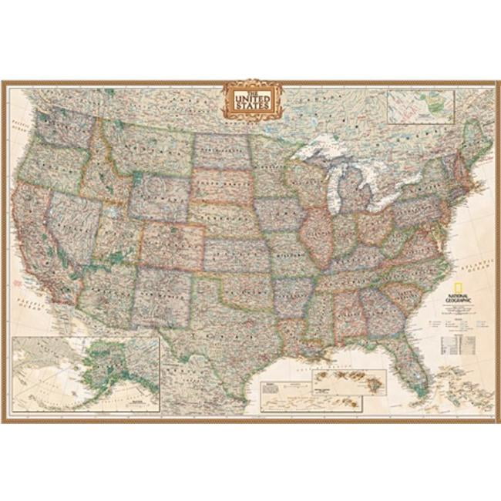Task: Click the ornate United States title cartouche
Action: point(253,99)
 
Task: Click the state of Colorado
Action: point(172,242)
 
